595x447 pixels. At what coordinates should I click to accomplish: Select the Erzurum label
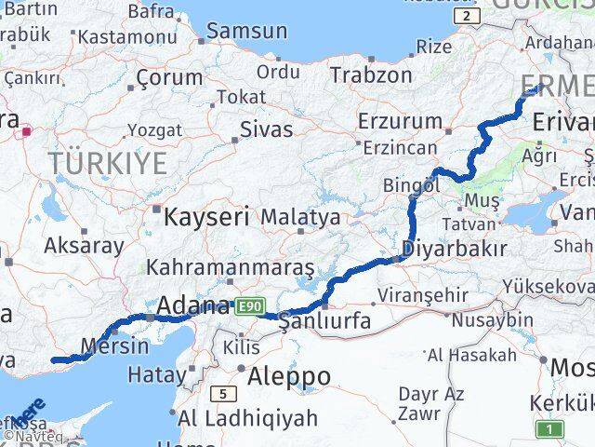pos(400,121)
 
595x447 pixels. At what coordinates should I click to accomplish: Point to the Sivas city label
pos(266,129)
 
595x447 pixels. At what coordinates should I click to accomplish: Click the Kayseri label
pos(206,218)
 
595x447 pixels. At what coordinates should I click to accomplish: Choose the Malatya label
pos(300,218)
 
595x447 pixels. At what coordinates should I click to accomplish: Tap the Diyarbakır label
pos(455,249)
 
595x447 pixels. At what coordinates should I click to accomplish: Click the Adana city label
pos(192,305)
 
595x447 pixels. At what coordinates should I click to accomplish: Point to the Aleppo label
pos(288,376)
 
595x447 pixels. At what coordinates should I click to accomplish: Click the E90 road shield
pos(249,305)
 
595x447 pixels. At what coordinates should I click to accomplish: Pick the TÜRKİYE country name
pos(108,164)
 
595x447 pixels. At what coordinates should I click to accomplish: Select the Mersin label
pos(114,346)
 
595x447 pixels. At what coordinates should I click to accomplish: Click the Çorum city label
pos(169,78)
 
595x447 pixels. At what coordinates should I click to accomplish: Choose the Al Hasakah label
pos(471,355)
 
